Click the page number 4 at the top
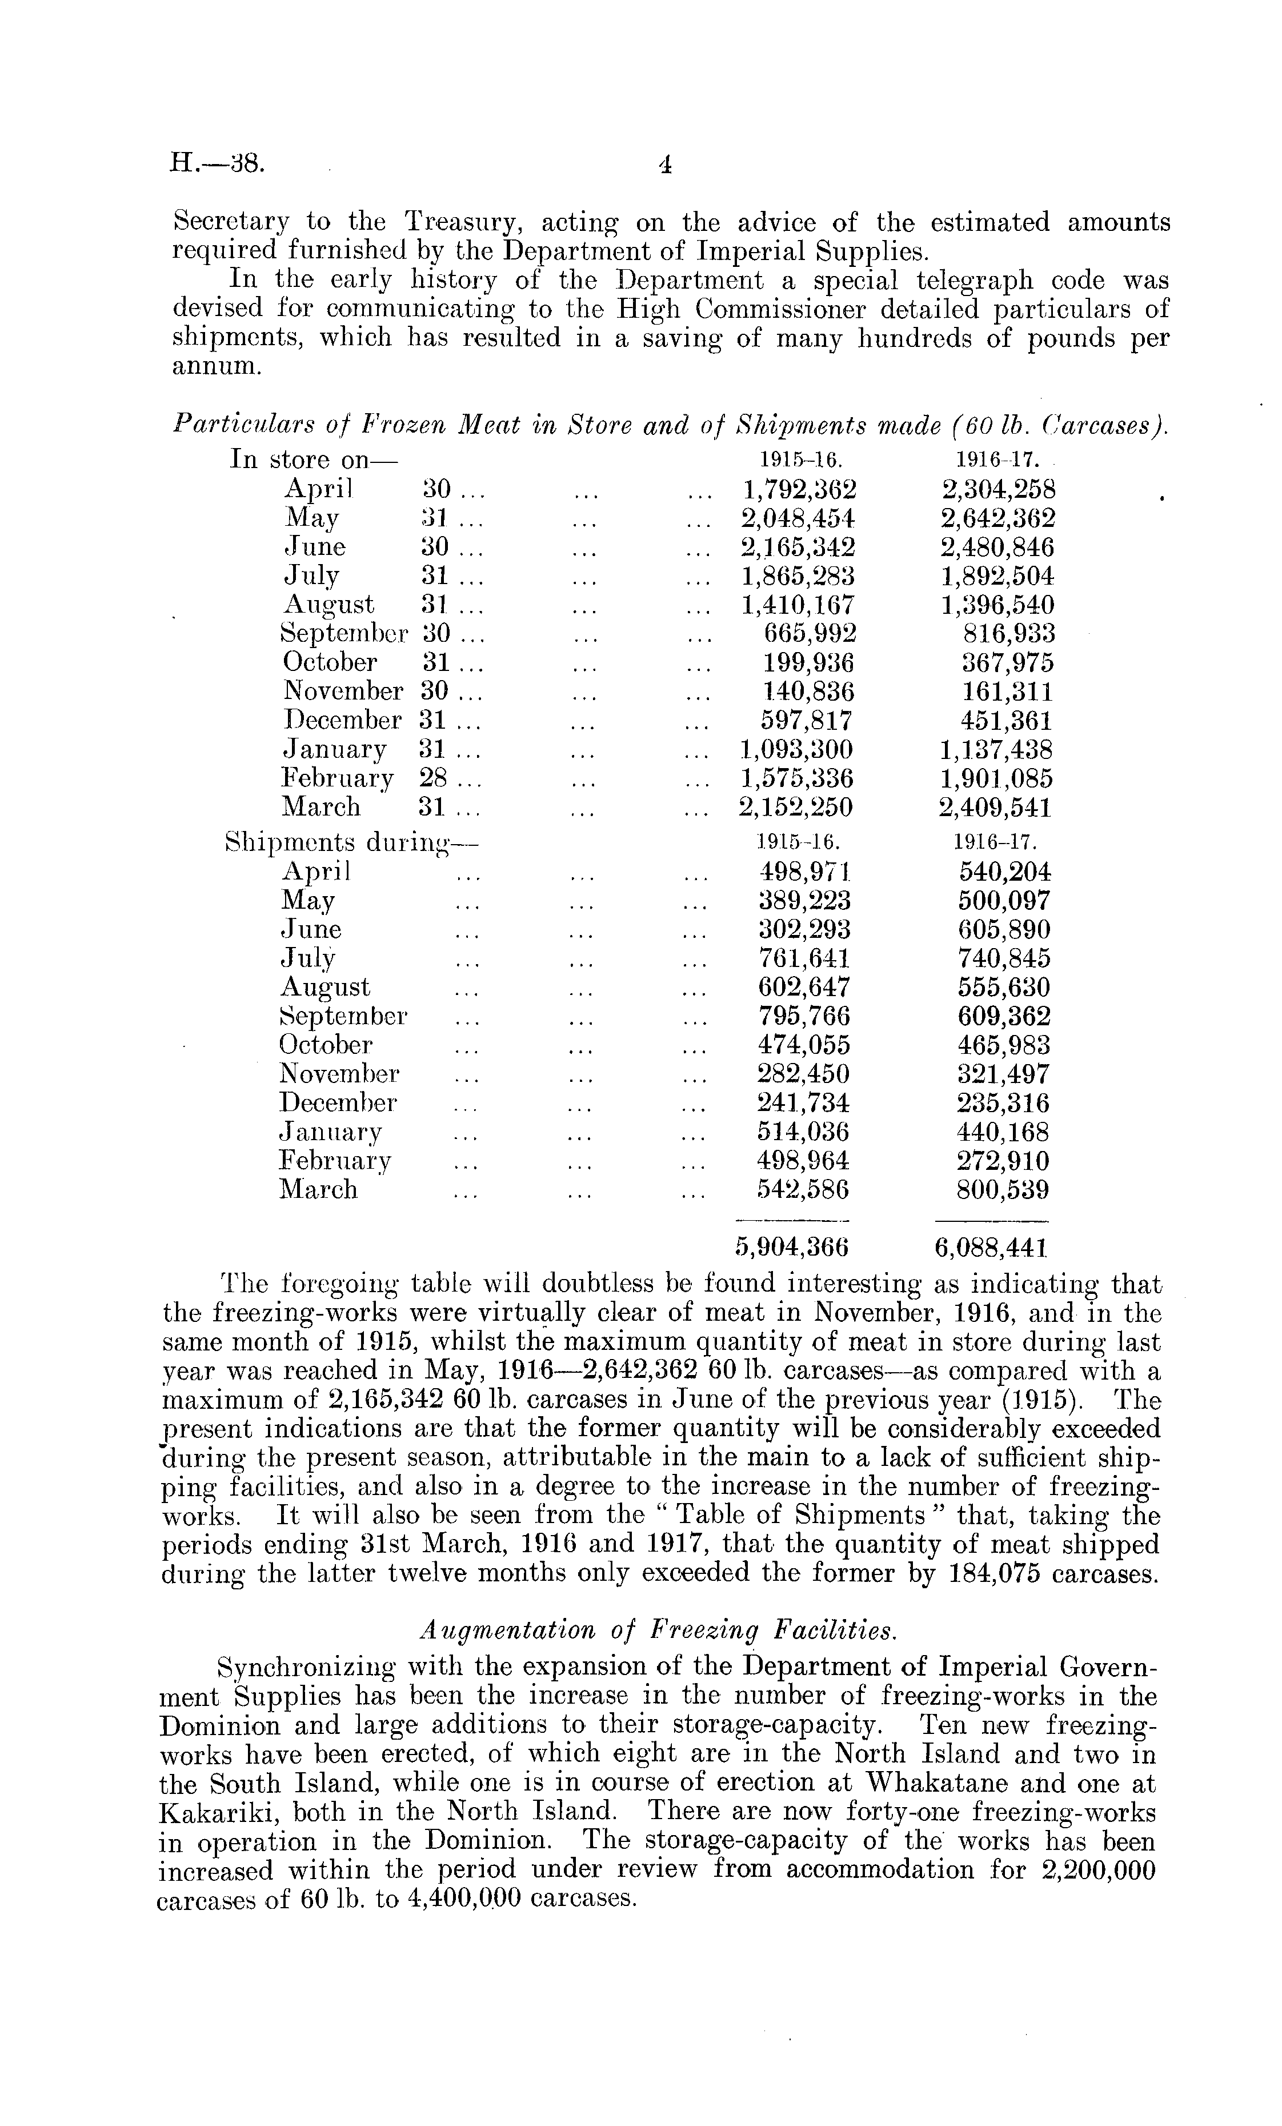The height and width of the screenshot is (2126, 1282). (x=664, y=164)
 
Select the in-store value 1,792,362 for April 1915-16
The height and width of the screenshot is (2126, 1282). (x=799, y=490)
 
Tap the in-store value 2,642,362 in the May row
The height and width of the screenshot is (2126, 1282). (x=997, y=518)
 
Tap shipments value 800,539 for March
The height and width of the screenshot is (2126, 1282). (x=1003, y=1190)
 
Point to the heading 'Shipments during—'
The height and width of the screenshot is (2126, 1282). (x=351, y=842)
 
